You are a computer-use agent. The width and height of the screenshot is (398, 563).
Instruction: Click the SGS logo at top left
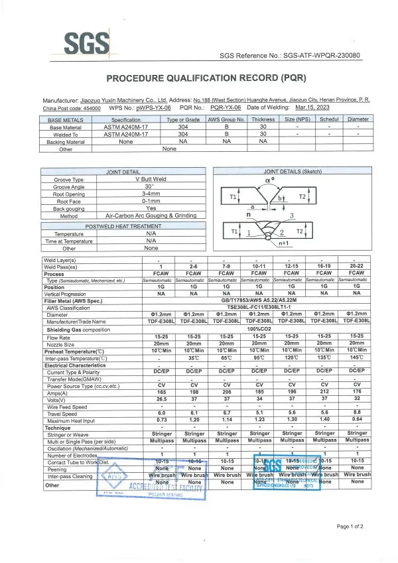pos(86,44)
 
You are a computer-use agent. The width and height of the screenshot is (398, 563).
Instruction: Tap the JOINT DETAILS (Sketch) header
pos(291,171)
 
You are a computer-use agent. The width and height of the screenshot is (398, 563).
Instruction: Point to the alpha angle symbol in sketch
pos(269,180)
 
